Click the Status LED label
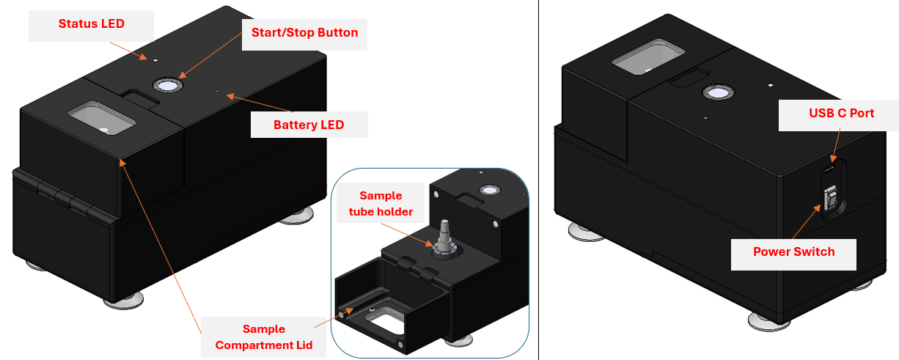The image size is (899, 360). (91, 23)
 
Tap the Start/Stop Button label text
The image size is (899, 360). (304, 32)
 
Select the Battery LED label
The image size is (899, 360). (309, 125)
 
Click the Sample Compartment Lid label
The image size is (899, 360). (264, 337)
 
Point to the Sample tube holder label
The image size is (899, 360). (380, 204)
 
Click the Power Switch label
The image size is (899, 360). (793, 251)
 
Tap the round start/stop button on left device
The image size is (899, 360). (166, 85)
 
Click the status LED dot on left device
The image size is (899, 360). (155, 58)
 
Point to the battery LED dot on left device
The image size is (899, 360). (217, 92)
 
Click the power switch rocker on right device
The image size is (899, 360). (832, 199)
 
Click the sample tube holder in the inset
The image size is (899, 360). (444, 236)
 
